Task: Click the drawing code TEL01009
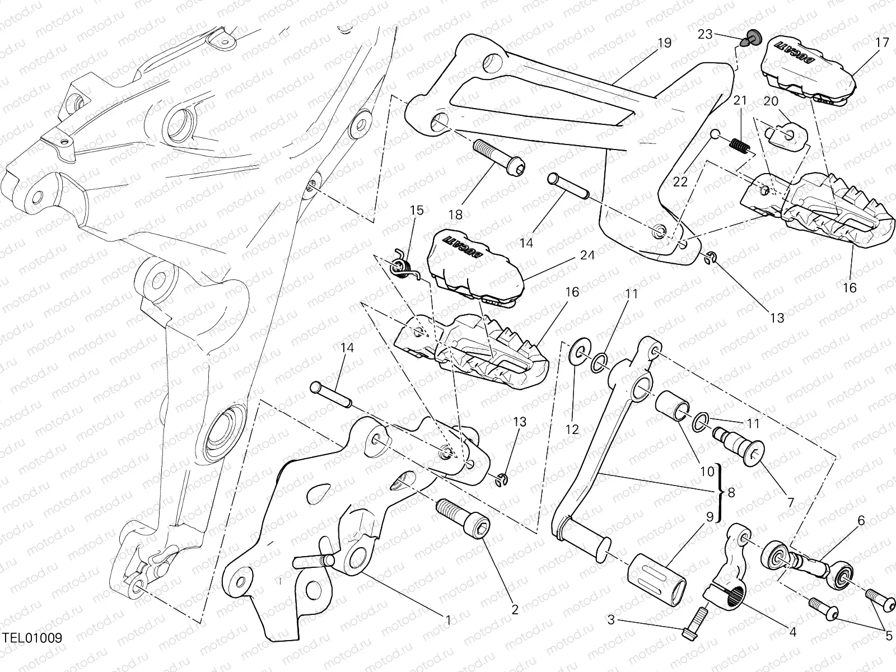pos(31,638)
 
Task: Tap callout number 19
pos(664,43)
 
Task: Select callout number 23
pos(705,35)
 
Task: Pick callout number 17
pos(882,42)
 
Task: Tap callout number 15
pos(417,211)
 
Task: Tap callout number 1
pos(448,620)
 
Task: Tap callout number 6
pos(861,521)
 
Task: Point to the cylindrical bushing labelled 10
pos(673,407)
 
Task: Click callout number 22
pos(680,181)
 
